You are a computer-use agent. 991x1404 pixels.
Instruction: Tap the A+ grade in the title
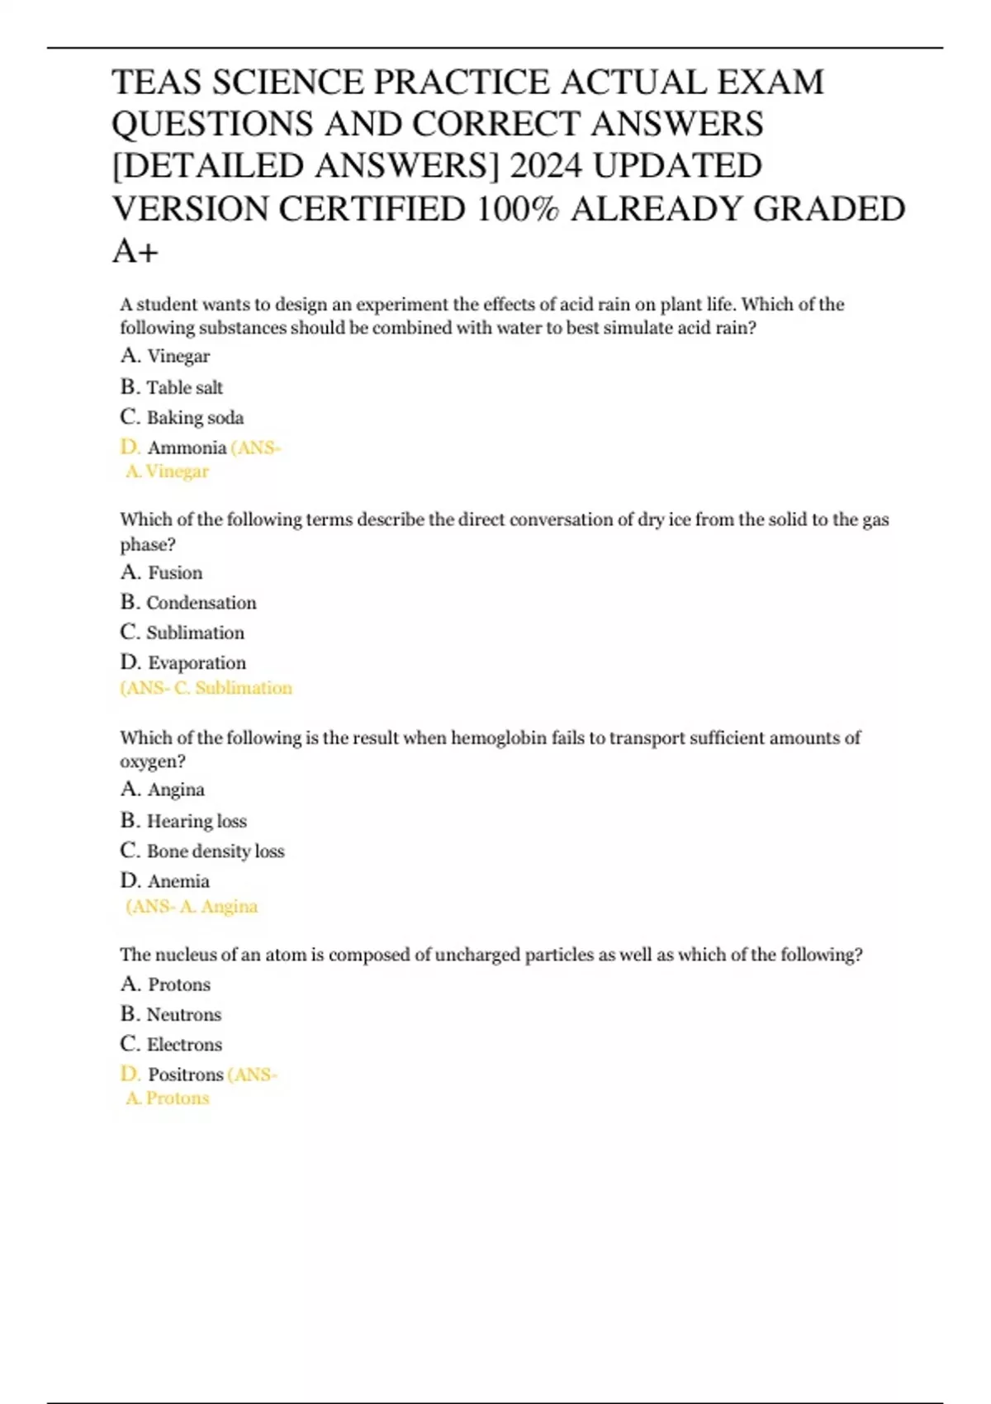pyautogui.click(x=135, y=251)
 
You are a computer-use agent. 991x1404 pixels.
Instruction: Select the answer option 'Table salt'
pyautogui.click(x=184, y=387)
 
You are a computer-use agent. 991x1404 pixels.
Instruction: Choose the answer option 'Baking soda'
pyautogui.click(x=195, y=418)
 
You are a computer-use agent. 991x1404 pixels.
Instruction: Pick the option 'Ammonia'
pyautogui.click(x=187, y=448)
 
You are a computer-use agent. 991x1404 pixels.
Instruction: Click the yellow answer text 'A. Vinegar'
pyautogui.click(x=168, y=472)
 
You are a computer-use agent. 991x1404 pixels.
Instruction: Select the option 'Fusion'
pyautogui.click(x=174, y=573)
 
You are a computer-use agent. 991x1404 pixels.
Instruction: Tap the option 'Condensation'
pyautogui.click(x=201, y=603)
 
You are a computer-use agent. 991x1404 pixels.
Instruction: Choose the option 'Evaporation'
pyautogui.click(x=197, y=663)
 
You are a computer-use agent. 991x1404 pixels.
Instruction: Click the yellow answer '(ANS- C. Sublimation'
pyautogui.click(x=206, y=688)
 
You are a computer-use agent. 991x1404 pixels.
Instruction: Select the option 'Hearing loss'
pyautogui.click(x=197, y=821)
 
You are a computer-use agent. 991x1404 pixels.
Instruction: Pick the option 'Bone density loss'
pyautogui.click(x=216, y=851)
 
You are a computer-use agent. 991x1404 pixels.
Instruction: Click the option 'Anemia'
pyautogui.click(x=178, y=881)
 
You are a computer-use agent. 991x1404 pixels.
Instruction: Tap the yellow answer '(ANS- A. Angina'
pyautogui.click(x=192, y=907)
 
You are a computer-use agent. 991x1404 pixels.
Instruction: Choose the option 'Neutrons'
pyautogui.click(x=183, y=1015)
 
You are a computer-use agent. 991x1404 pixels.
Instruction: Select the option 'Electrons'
pyautogui.click(x=184, y=1045)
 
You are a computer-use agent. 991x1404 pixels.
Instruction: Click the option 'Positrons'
pyautogui.click(x=185, y=1074)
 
